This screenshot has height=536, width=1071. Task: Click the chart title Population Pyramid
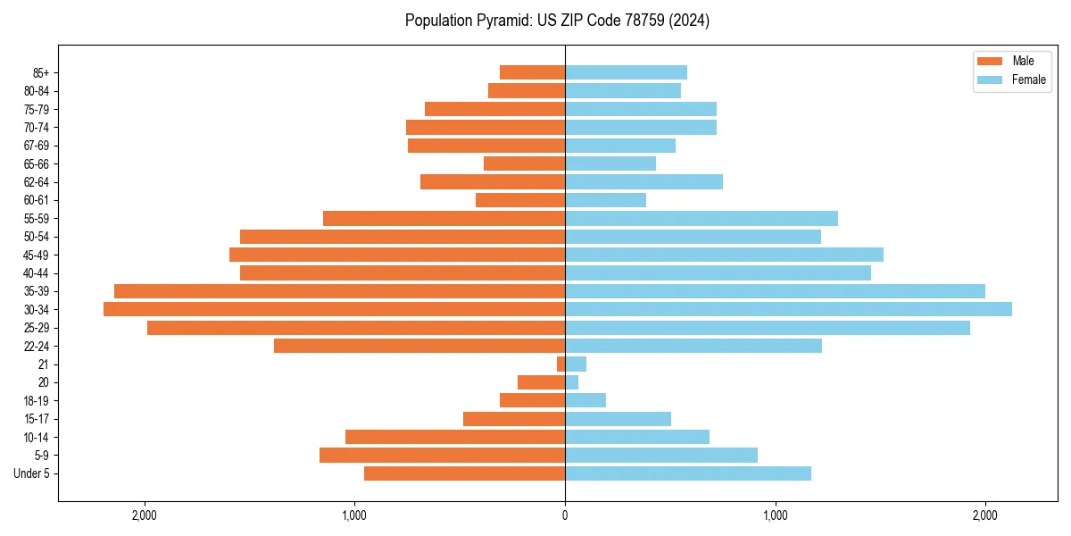coord(557,21)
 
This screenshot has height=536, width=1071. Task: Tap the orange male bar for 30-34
coord(334,309)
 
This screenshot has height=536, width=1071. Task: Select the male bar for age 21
coord(560,364)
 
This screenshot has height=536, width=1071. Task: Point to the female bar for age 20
coord(571,382)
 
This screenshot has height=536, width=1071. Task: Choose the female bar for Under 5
coord(688,473)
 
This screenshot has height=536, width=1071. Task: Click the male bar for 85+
coord(532,72)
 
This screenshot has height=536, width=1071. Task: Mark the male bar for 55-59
coord(444,218)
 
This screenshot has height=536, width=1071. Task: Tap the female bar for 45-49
coord(724,255)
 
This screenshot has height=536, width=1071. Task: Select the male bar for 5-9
coord(442,456)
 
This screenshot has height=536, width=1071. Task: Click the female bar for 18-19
coord(585,400)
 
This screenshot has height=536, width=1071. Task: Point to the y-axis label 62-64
coord(37,182)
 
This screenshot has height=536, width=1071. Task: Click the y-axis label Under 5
coord(32,473)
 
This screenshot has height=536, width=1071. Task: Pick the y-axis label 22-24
coord(37,346)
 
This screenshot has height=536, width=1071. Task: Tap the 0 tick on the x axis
coord(565,515)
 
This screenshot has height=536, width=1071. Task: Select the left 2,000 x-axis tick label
coord(144,515)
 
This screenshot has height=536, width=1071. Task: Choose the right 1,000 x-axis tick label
coord(775,515)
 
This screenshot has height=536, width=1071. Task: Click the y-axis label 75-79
coord(37,109)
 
